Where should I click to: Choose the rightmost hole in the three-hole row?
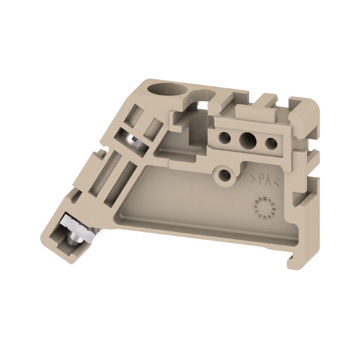point(270,144)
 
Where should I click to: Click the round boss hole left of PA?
point(223,174)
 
